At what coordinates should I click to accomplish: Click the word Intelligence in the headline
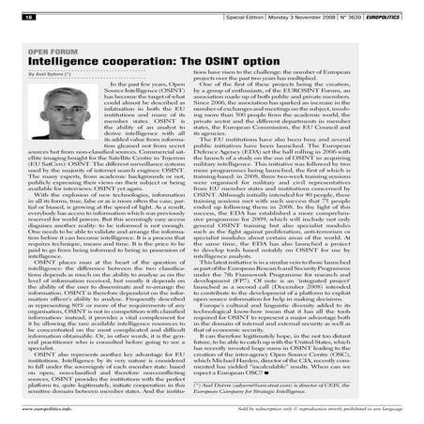coord(62,68)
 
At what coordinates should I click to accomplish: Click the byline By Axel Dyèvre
coord(41,80)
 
